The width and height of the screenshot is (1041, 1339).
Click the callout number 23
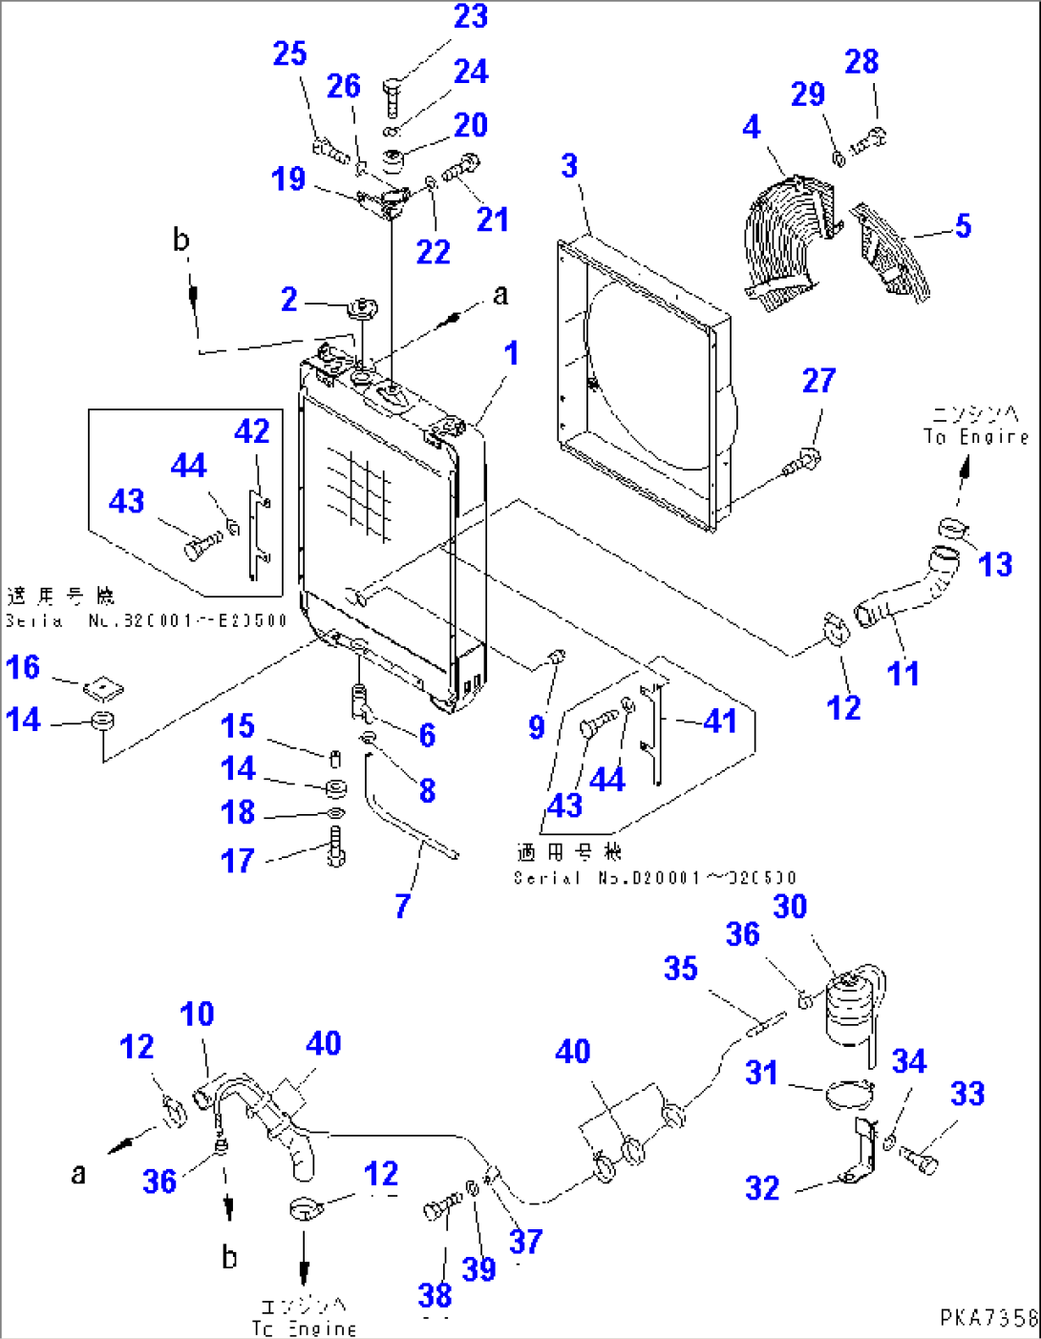(471, 17)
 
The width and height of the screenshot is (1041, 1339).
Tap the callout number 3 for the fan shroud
(569, 166)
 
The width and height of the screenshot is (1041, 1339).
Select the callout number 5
(963, 226)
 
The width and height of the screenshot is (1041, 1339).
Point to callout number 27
(818, 381)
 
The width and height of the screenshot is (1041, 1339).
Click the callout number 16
(23, 667)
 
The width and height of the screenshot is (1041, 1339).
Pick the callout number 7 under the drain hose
(403, 905)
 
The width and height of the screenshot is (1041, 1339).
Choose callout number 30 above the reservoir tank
(790, 907)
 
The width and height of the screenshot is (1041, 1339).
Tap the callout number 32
(762, 1188)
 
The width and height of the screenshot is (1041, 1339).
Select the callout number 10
(197, 1015)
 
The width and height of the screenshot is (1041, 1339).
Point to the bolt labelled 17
(335, 846)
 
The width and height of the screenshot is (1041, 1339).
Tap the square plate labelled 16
(103, 687)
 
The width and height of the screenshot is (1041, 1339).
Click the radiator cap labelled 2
(363, 310)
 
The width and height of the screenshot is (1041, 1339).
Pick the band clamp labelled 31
(848, 1093)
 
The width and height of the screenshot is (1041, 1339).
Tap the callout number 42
(252, 431)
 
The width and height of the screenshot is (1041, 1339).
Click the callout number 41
(719, 721)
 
